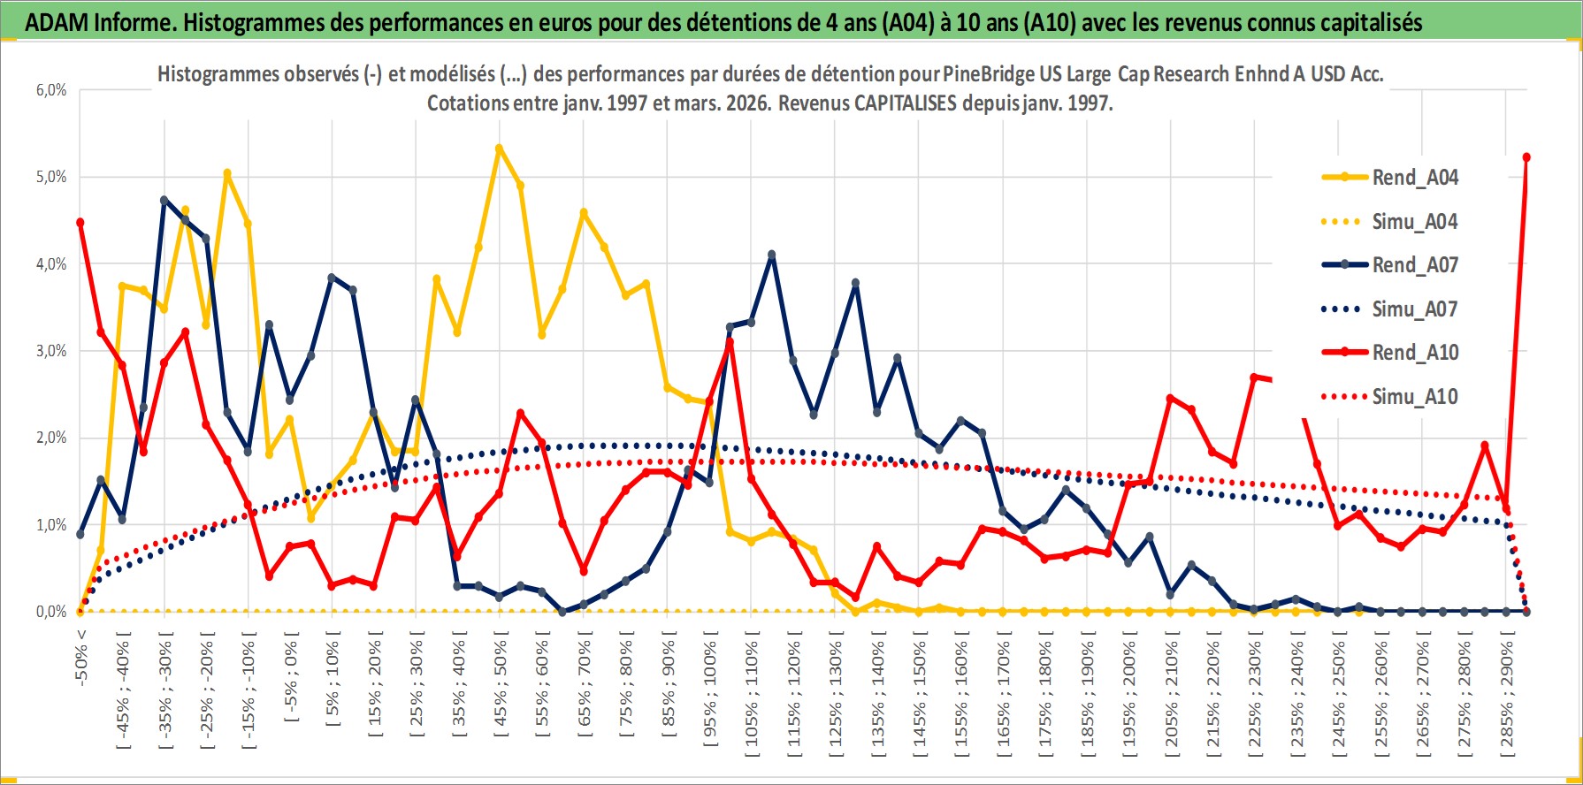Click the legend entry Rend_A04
point(1414,178)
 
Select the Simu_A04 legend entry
point(1414,222)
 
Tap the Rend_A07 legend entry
point(1414,265)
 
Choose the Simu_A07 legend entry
point(1414,309)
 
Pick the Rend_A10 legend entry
point(1414,353)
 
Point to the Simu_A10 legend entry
point(1414,397)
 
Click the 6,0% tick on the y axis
point(51,90)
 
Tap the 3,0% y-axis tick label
point(51,351)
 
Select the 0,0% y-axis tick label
point(51,612)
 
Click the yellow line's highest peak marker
point(500,149)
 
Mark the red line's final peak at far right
point(1526,157)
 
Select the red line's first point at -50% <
point(80,223)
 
